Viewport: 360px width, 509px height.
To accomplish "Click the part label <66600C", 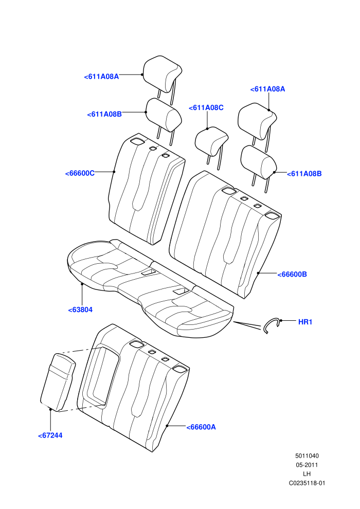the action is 80,173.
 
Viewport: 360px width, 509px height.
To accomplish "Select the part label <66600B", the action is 292,275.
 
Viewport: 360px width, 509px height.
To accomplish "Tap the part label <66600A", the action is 201,427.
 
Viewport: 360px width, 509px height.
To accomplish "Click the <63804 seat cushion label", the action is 80,310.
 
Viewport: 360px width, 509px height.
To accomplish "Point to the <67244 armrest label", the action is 50,435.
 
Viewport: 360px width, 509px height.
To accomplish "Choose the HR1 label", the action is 305,322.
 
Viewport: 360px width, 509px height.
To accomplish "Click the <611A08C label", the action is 206,108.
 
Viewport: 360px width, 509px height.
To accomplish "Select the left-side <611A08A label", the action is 101,77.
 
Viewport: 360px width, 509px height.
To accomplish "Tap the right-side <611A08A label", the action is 267,89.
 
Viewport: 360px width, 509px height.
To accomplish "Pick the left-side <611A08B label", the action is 104,114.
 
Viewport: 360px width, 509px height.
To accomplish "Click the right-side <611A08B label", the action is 304,174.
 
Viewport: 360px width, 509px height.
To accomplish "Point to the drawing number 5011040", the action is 307,456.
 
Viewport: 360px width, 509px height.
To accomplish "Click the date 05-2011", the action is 307,465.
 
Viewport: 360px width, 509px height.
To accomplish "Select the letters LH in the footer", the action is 307,474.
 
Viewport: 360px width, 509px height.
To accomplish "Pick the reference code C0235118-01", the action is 307,483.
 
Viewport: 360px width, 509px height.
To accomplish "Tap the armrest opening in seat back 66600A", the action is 101,376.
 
